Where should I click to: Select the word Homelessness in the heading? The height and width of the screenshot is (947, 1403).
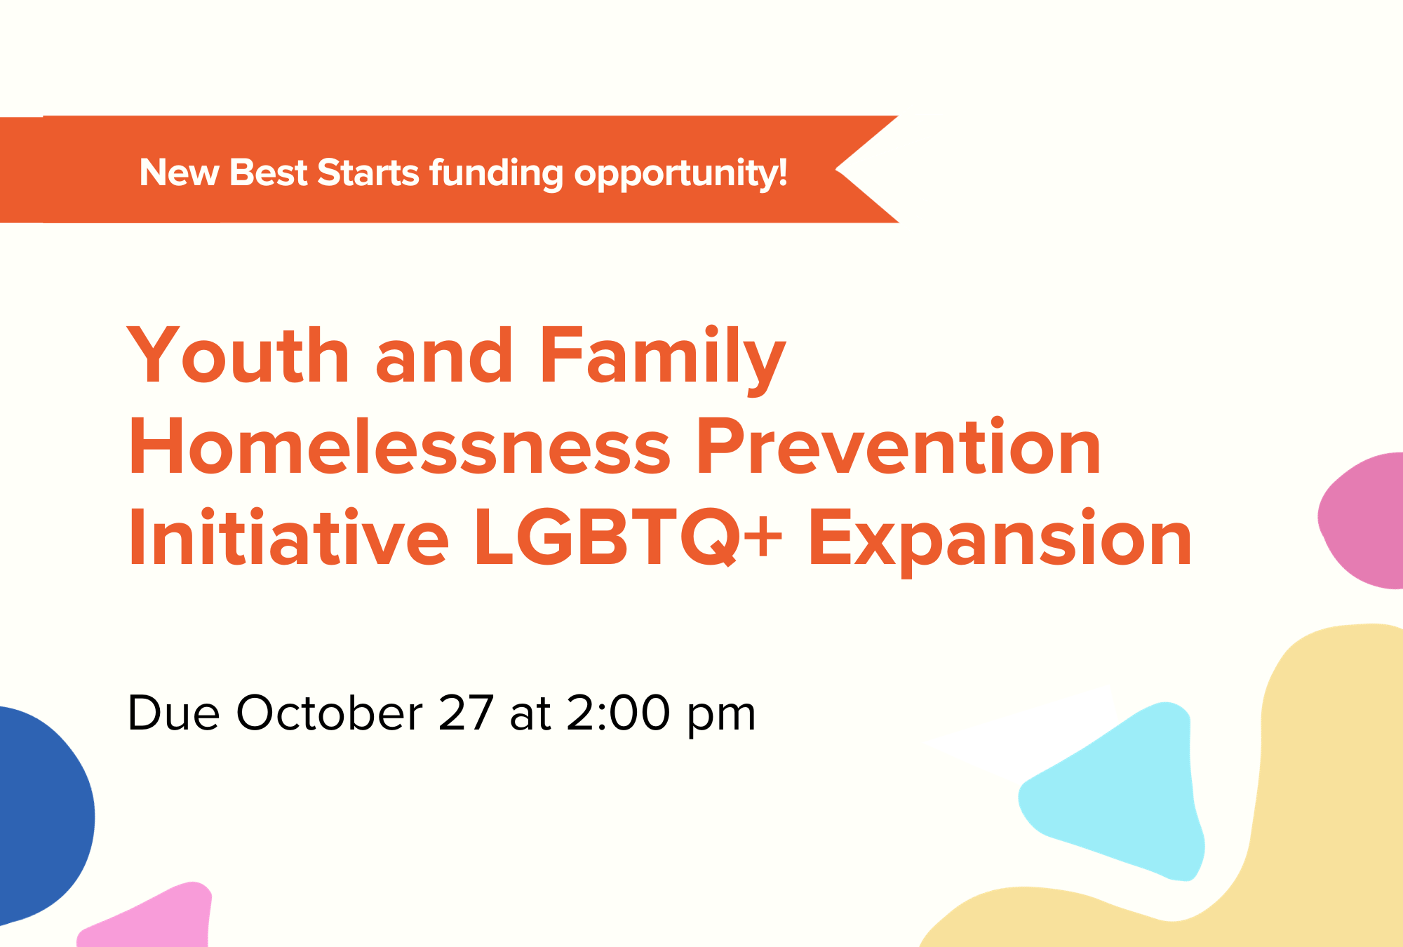(400, 448)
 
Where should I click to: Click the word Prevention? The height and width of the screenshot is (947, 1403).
(899, 448)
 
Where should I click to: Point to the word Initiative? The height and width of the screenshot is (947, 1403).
(288, 537)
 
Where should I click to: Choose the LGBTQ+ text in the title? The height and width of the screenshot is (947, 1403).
(628, 537)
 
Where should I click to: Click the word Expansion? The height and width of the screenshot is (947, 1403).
(1000, 539)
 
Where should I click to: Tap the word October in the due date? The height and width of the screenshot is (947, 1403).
(329, 713)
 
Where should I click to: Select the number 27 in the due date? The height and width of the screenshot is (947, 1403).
(466, 713)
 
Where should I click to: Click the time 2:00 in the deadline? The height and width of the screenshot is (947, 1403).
(618, 713)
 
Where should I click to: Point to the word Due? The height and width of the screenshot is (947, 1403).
(173, 713)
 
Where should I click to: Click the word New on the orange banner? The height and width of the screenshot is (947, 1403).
(179, 173)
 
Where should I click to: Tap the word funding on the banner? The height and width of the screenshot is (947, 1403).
(496, 174)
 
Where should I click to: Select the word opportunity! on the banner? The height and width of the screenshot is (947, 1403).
(680, 174)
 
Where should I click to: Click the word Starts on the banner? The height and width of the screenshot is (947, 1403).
(368, 173)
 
